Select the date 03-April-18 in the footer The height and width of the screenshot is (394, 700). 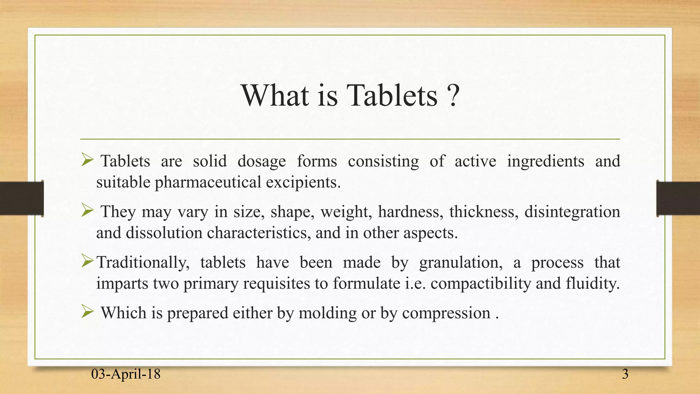(126, 374)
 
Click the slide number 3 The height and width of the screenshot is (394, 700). (625, 374)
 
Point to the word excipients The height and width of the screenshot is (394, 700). (303, 182)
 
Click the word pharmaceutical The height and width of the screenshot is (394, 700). (208, 182)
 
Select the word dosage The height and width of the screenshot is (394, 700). (261, 161)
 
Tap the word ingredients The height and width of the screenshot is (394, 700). (546, 161)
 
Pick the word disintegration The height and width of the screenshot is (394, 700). (572, 212)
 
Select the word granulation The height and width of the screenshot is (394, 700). (461, 262)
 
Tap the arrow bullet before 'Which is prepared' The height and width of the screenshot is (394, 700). (87, 312)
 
